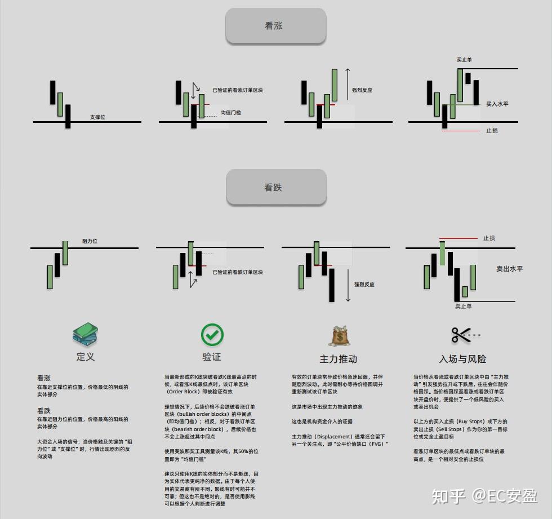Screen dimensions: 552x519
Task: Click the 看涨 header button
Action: (x=275, y=26)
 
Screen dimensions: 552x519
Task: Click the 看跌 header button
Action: (x=276, y=187)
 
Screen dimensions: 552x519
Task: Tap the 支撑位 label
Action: (x=97, y=117)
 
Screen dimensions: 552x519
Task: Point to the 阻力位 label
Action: (x=90, y=241)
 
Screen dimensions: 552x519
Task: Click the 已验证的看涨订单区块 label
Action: (x=237, y=90)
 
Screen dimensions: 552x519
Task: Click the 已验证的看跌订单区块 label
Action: (x=237, y=272)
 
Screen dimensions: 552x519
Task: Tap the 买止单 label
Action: (x=464, y=59)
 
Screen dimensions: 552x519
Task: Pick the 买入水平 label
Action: (x=497, y=104)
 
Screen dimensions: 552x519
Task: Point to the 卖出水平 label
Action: (x=509, y=269)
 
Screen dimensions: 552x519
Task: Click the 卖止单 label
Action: (x=463, y=306)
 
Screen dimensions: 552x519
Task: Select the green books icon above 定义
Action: (x=85, y=334)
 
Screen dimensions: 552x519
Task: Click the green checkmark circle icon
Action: (x=212, y=334)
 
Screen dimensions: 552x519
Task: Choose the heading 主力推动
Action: (x=338, y=358)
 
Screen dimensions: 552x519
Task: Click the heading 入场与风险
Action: (x=462, y=358)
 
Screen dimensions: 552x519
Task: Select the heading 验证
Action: (x=212, y=357)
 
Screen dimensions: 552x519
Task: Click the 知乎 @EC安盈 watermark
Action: (x=484, y=496)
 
